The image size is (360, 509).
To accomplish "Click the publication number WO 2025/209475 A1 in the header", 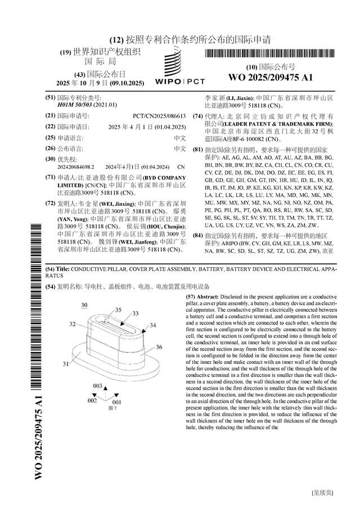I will click(271, 77).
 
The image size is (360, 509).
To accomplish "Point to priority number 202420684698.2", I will click(76, 167).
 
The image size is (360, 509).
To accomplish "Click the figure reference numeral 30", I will click(84, 304).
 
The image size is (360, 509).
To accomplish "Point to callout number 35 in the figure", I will click(118, 310).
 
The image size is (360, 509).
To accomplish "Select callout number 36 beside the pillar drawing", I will click(159, 347).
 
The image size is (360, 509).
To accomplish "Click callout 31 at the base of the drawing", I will click(66, 364).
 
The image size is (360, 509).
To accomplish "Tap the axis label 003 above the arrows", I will click(98, 386).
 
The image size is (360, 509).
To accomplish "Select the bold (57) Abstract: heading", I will click(202, 296).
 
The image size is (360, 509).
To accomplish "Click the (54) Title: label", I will click(57, 270).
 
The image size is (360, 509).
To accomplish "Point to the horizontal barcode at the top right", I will click(269, 55).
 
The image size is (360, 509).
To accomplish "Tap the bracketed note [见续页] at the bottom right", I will click(322, 493).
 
